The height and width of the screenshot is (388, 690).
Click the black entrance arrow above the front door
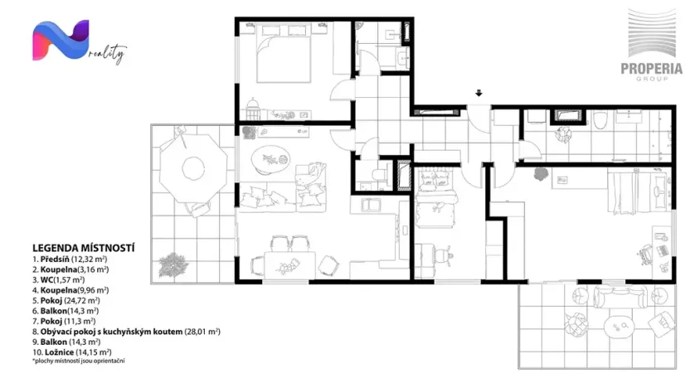(479, 93)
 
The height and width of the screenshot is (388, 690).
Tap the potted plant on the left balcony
(172, 264)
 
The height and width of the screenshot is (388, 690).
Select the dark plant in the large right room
(541, 174)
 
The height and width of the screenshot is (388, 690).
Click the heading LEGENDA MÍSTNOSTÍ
(83, 247)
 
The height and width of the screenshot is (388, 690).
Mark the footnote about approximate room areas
(82, 361)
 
